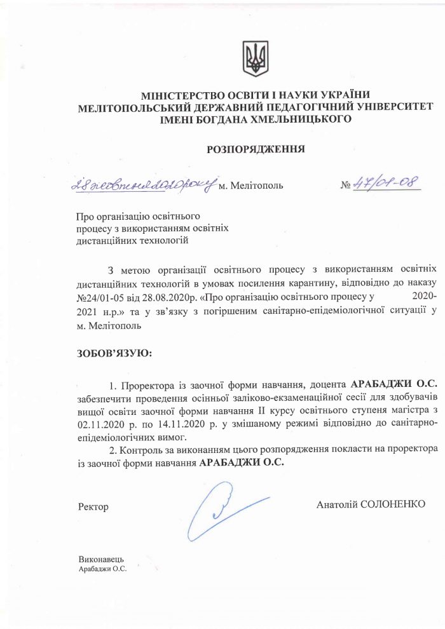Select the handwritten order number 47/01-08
(387, 183)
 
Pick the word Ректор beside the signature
(92, 507)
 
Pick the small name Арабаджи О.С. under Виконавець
(101, 569)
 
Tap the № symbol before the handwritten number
(346, 186)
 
